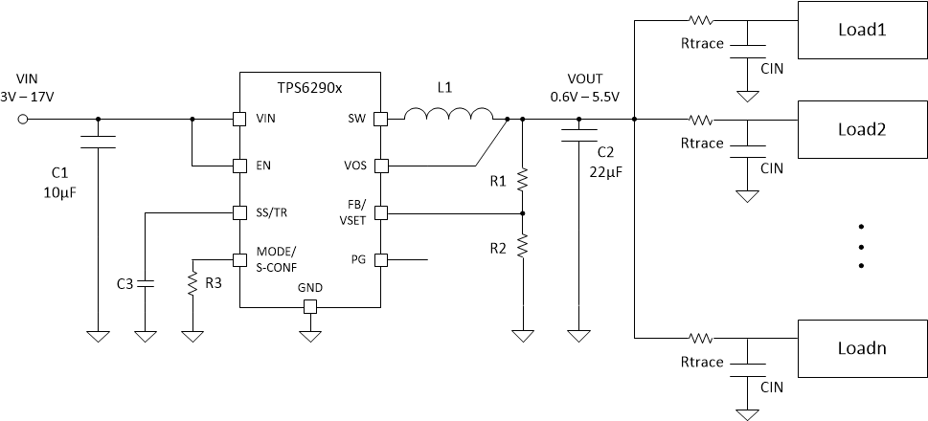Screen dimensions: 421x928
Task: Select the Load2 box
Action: click(x=862, y=129)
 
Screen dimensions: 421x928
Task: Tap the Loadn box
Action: click(x=862, y=347)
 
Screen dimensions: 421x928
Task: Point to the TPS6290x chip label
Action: click(x=310, y=87)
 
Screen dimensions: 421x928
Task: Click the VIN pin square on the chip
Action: click(x=239, y=120)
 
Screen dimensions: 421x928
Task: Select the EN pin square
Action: click(x=239, y=166)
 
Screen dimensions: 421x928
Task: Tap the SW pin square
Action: click(x=380, y=120)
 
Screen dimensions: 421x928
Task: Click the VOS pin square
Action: click(x=380, y=166)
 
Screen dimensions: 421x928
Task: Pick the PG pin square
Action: click(x=380, y=258)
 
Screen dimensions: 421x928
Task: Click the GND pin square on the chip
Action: click(x=309, y=306)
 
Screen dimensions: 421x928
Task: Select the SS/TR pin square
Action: click(x=239, y=212)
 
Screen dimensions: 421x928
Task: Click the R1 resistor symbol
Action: click(x=523, y=179)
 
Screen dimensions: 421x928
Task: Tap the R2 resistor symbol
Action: click(x=523, y=247)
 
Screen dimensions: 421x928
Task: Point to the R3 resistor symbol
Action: click(x=192, y=283)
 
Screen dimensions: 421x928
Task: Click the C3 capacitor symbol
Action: click(x=146, y=283)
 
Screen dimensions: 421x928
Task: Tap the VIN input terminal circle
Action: click(x=25, y=120)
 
